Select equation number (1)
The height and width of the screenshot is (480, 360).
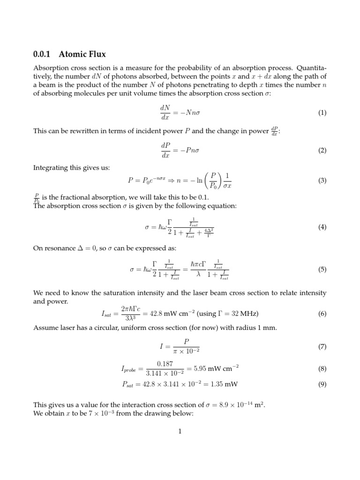(x=322, y=113)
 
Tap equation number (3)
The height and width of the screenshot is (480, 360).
(x=322, y=180)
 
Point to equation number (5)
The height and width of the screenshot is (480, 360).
(x=322, y=270)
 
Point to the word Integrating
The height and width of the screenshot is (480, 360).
(x=52, y=167)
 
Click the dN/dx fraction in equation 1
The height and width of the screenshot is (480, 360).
(x=165, y=113)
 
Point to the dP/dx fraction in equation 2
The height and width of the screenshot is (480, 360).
(x=165, y=150)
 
